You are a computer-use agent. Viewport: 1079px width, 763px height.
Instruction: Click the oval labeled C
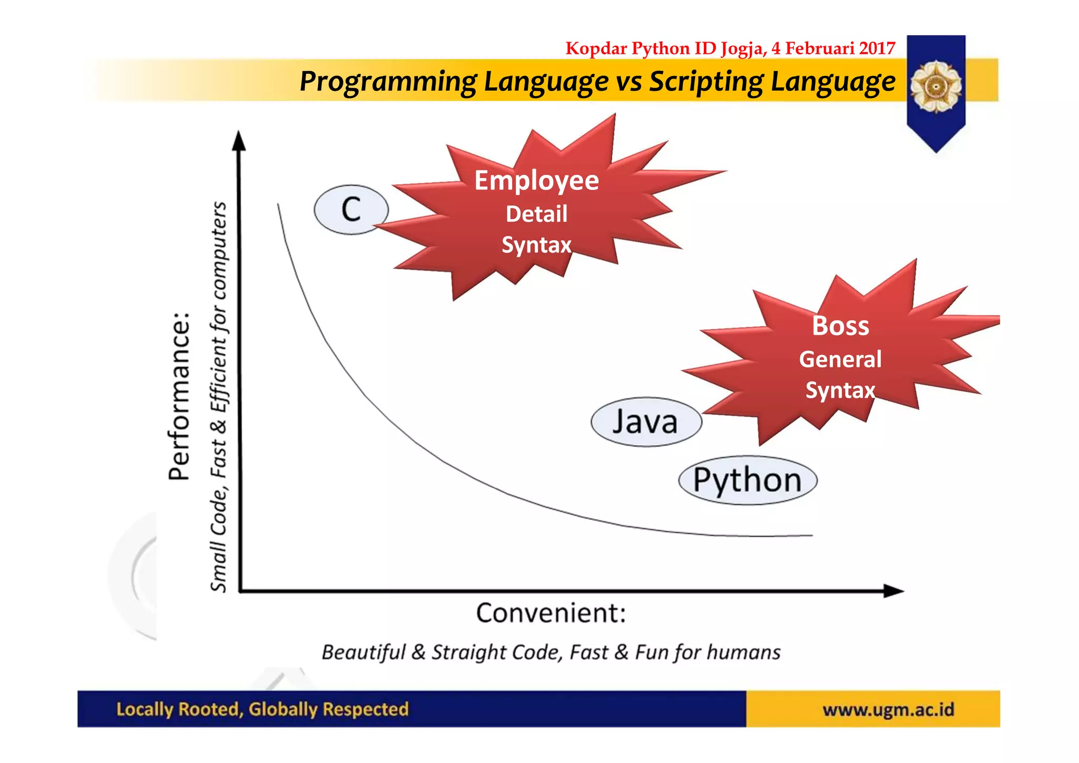pos(351,210)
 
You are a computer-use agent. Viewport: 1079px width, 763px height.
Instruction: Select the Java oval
pos(646,422)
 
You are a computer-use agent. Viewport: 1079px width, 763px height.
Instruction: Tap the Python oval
pos(747,481)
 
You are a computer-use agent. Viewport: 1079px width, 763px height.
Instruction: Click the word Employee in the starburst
pos(536,181)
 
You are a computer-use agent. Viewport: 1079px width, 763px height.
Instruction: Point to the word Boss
pos(840,326)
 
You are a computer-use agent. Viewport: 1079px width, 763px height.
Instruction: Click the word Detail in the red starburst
pos(536,214)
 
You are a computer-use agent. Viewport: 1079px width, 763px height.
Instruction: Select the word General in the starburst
pos(840,359)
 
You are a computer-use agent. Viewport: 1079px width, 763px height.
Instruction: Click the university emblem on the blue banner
pos(936,86)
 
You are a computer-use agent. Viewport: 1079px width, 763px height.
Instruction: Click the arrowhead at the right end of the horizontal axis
pos(894,591)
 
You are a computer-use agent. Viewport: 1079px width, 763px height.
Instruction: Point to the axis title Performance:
pos(179,396)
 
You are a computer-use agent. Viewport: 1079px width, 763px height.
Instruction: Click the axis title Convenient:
pos(551,613)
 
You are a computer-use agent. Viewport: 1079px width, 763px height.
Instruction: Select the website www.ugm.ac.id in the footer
pos(888,710)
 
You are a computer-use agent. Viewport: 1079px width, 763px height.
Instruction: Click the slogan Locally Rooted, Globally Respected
pos(262,709)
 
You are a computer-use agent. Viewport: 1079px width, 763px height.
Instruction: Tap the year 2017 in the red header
pos(877,48)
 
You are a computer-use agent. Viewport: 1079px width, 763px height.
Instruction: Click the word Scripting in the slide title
pos(705,82)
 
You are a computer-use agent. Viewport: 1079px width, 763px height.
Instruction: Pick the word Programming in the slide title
pos(388,82)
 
